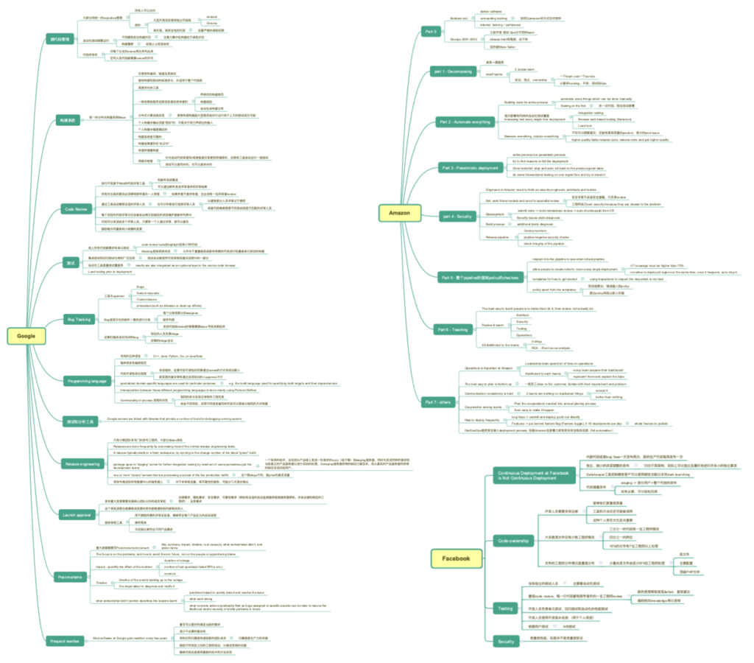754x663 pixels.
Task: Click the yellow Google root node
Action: pos(21,336)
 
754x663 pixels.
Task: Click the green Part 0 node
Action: pos(431,31)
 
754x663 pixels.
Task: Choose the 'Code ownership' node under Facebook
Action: pos(512,541)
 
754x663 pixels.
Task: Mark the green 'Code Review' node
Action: pos(77,209)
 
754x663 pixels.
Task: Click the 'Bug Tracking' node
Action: pos(78,319)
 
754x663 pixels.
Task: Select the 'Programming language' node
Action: pos(86,380)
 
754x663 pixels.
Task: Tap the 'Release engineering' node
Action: pos(82,464)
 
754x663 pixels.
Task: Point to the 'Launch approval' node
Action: pos(78,515)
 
